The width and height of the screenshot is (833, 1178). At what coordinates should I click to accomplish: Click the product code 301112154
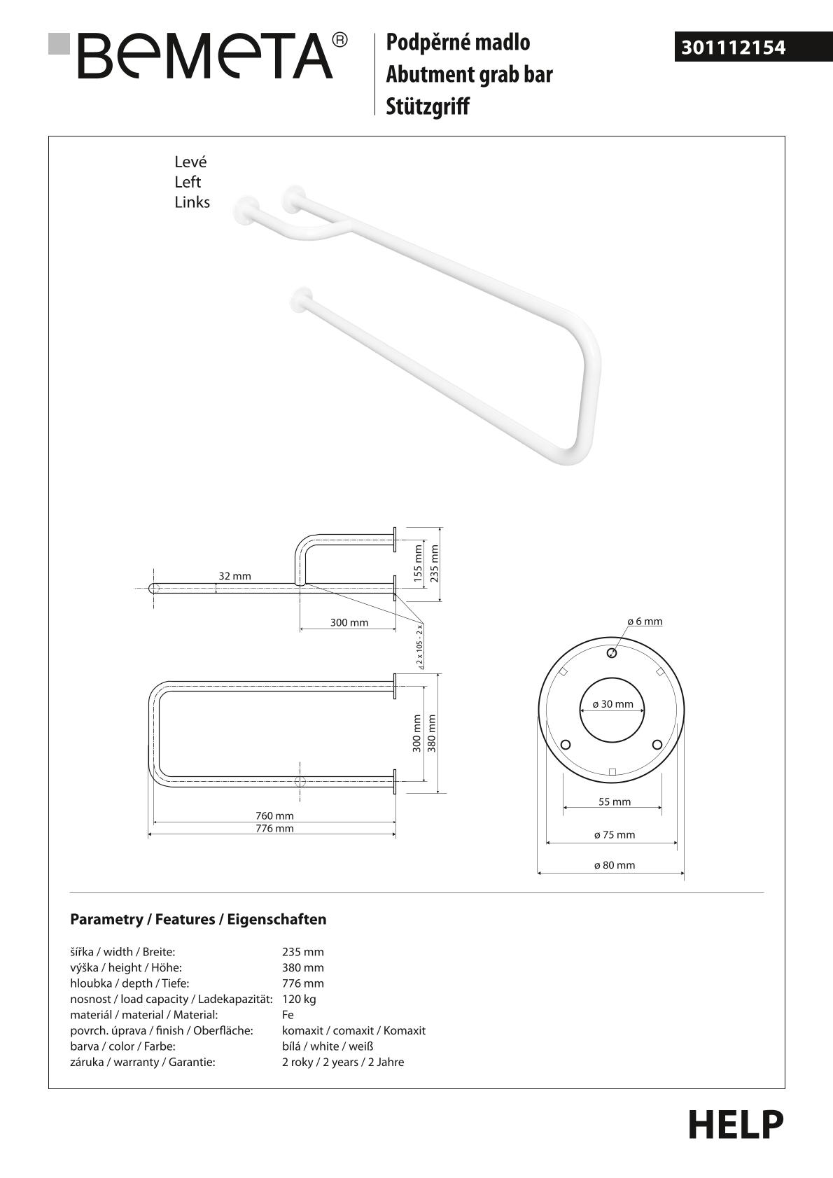tap(734, 48)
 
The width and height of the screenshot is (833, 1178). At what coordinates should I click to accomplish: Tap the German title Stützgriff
tap(428, 106)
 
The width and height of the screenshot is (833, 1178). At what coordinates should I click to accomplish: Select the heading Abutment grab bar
tap(469, 74)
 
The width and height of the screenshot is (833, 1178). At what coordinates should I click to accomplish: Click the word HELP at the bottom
tap(736, 1125)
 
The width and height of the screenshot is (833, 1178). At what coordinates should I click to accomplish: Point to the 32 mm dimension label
tap(234, 576)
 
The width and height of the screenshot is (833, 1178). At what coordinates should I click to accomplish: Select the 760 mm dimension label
tap(274, 815)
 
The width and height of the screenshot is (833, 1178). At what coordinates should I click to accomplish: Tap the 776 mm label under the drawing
tap(274, 829)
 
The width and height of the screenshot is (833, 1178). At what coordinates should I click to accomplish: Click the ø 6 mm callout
tap(644, 622)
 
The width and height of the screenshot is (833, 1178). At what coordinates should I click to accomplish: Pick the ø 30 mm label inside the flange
tap(612, 704)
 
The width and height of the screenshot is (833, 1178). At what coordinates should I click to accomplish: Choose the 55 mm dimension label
tap(614, 802)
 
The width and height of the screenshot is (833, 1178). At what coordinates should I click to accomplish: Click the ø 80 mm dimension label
tap(614, 865)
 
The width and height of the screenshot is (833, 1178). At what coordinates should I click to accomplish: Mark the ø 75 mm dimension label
tap(614, 835)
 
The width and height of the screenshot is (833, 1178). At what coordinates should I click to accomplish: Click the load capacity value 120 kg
tap(299, 999)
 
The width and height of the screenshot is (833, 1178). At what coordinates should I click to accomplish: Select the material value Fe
tap(288, 1015)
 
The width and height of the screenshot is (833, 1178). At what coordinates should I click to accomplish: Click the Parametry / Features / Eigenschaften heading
tap(198, 919)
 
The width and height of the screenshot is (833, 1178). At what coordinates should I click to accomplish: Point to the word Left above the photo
tap(188, 182)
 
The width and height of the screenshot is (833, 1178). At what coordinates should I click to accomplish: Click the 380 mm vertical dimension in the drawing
tap(432, 733)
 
